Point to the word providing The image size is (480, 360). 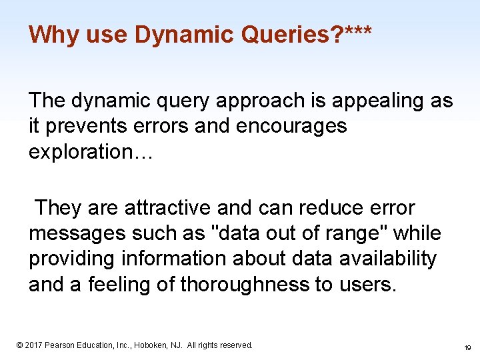pyautogui.click(x=73, y=259)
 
